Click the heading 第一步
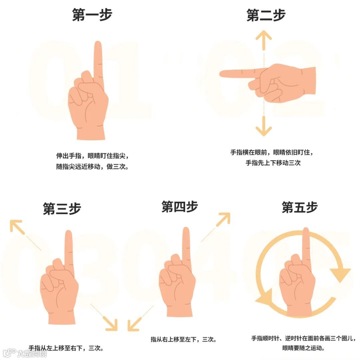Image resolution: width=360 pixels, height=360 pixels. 92,15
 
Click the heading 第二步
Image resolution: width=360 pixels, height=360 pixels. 266,15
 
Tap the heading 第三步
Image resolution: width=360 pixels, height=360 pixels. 62,208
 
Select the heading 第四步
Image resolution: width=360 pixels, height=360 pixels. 180,206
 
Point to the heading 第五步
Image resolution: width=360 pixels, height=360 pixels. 300,207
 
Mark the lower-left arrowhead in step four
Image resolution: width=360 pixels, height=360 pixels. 134,324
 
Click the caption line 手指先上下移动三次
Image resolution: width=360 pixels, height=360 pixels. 273,163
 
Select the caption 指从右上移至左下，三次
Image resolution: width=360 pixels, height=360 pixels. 183,339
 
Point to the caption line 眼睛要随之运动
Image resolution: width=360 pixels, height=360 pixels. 303,348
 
